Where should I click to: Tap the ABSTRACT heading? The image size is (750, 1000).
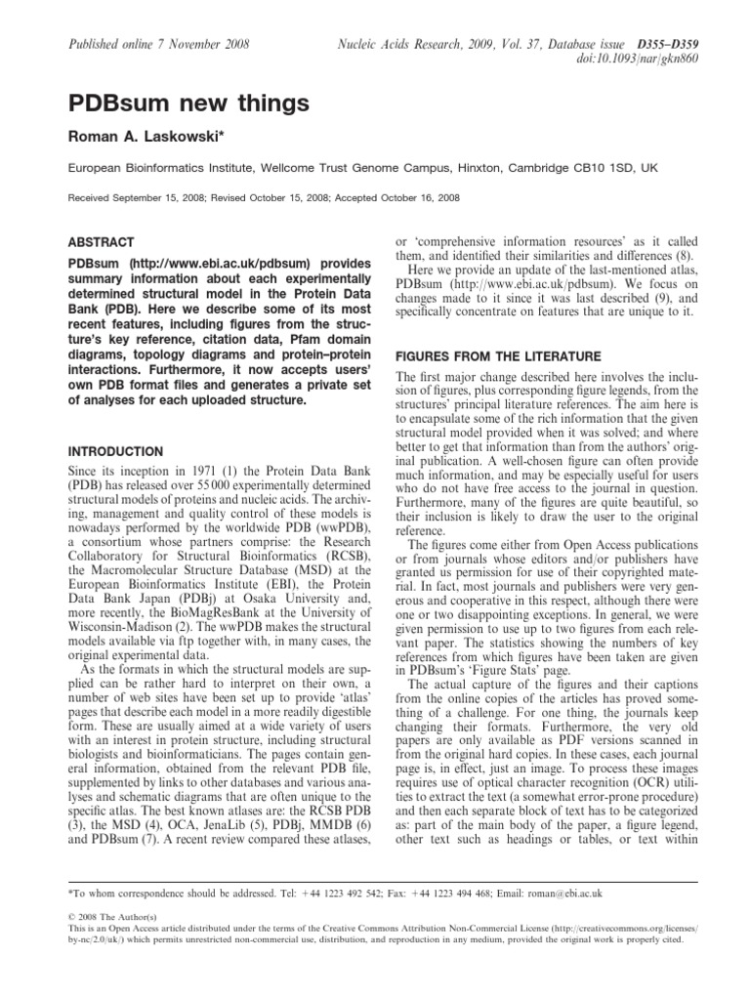(x=101, y=240)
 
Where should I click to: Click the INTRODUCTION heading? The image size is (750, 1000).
(x=114, y=452)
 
